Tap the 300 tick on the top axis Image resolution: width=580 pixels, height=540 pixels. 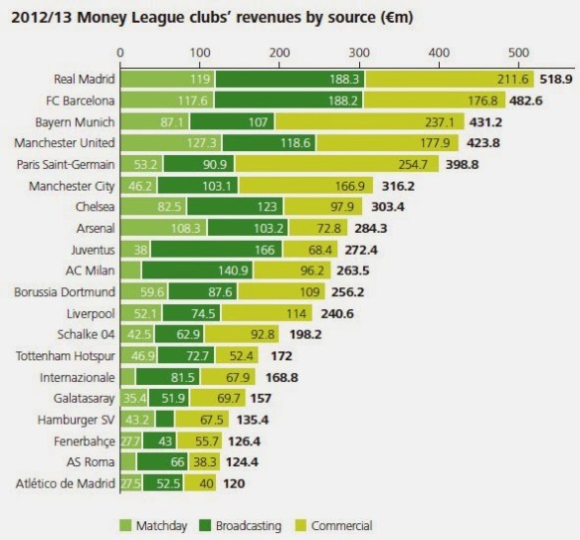(x=358, y=51)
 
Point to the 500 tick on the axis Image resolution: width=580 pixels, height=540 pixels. (x=516, y=51)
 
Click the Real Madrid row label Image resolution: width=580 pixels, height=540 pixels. (x=84, y=79)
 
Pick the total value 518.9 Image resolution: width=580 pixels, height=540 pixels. (x=556, y=79)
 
